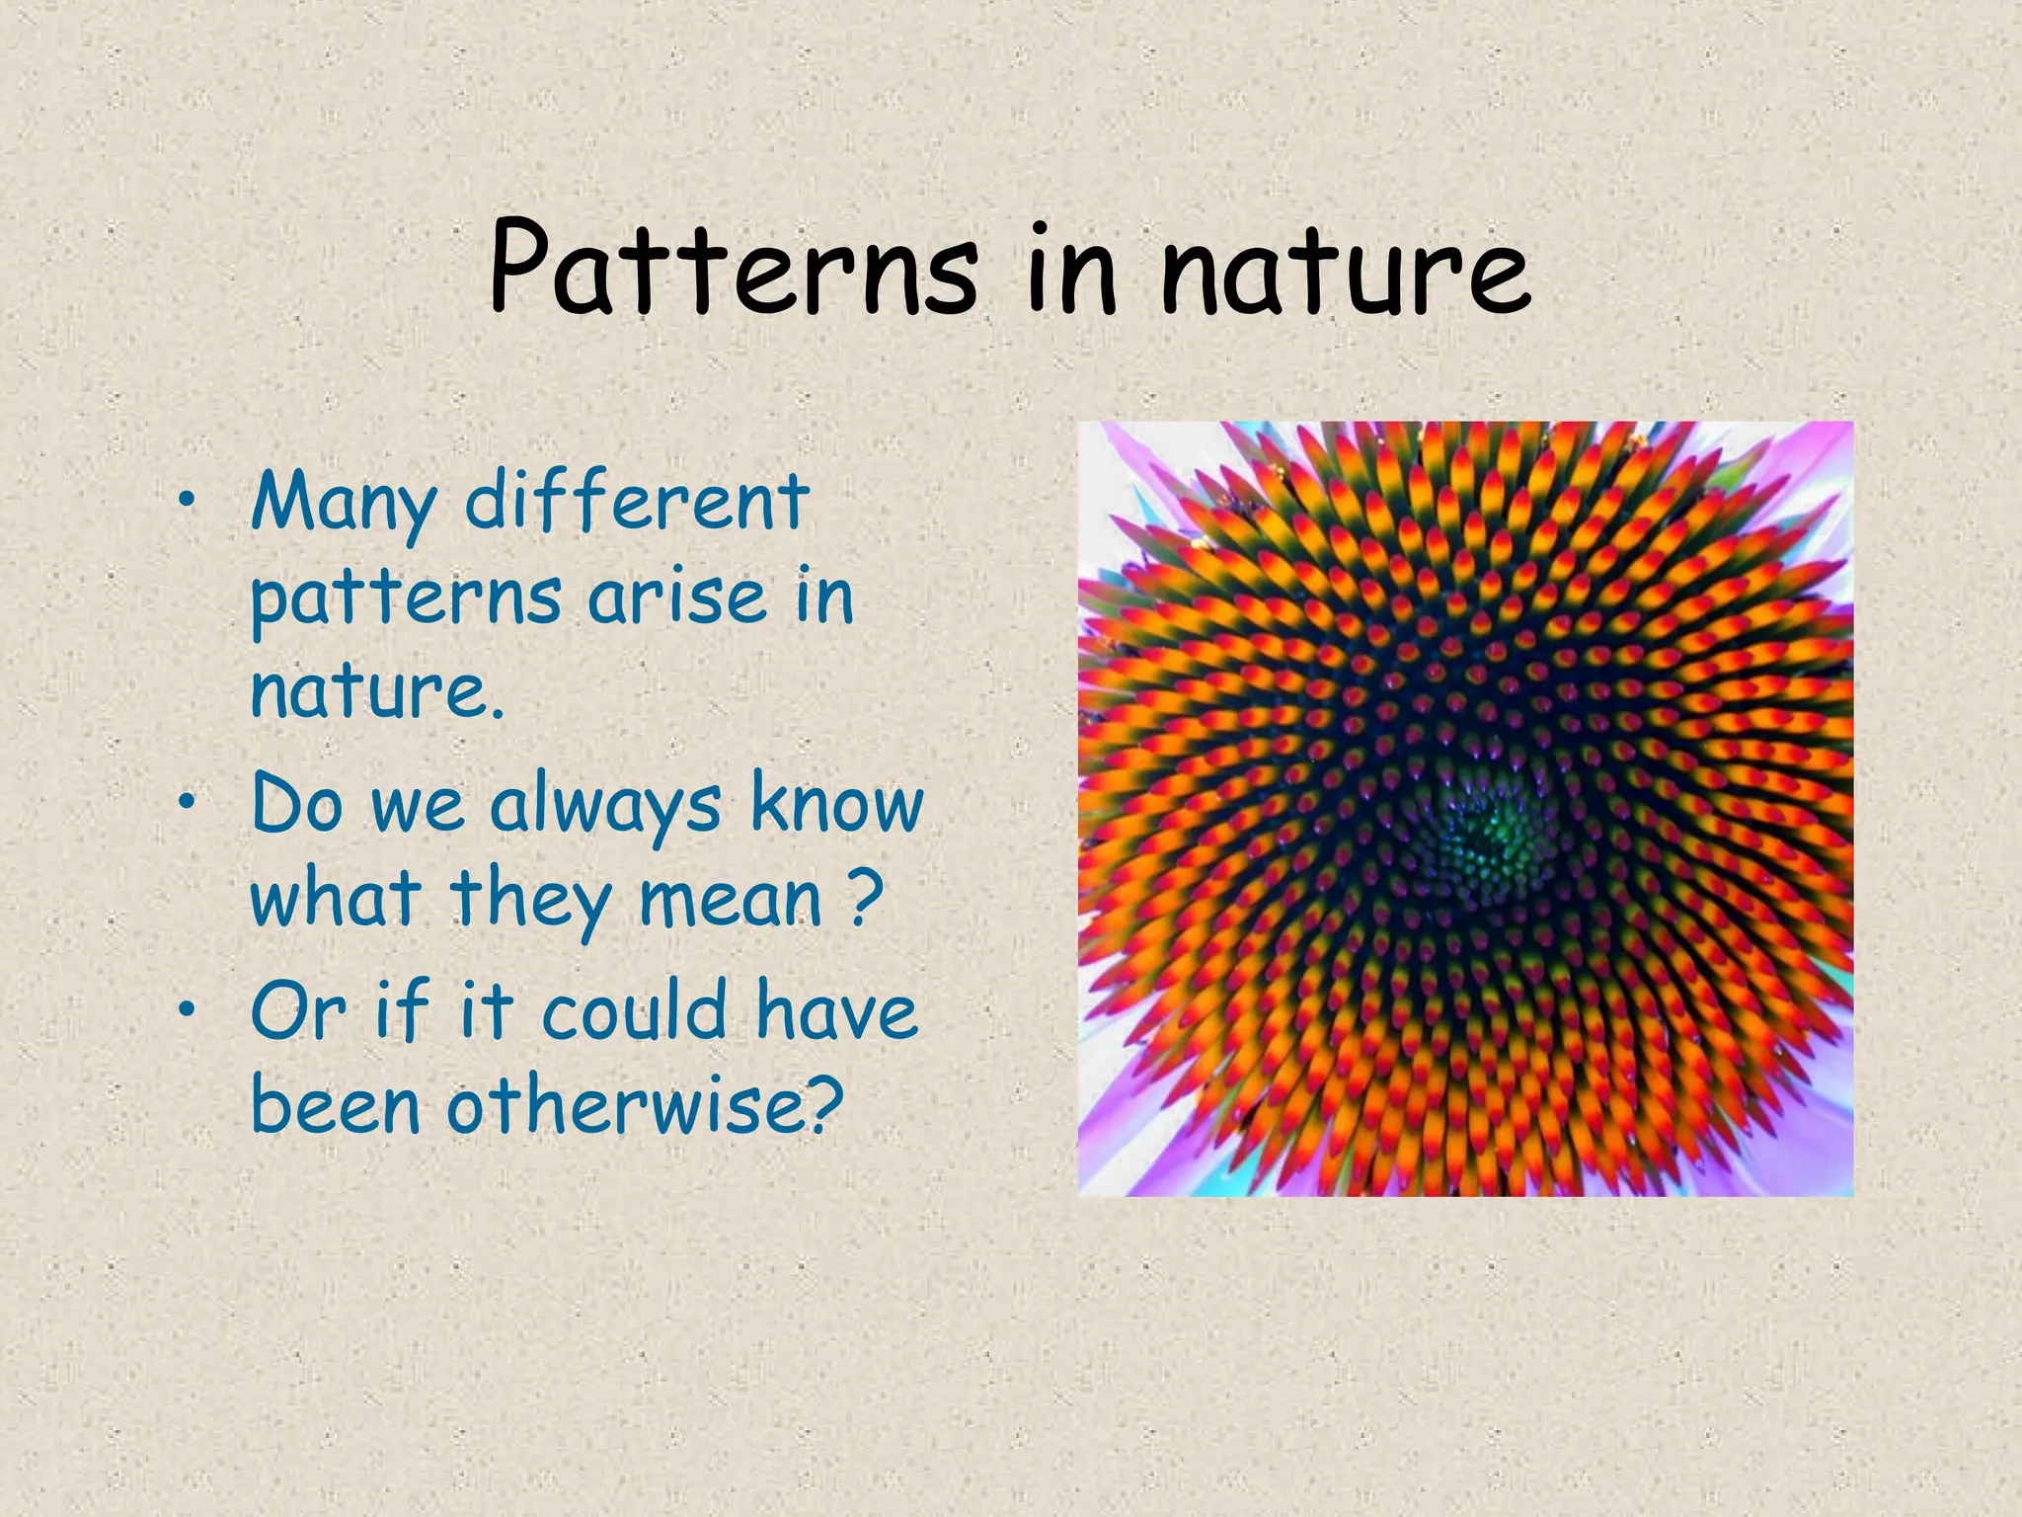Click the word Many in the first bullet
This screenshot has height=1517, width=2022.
point(343,504)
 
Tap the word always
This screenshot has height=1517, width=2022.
point(605,805)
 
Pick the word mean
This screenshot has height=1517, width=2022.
point(730,899)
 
